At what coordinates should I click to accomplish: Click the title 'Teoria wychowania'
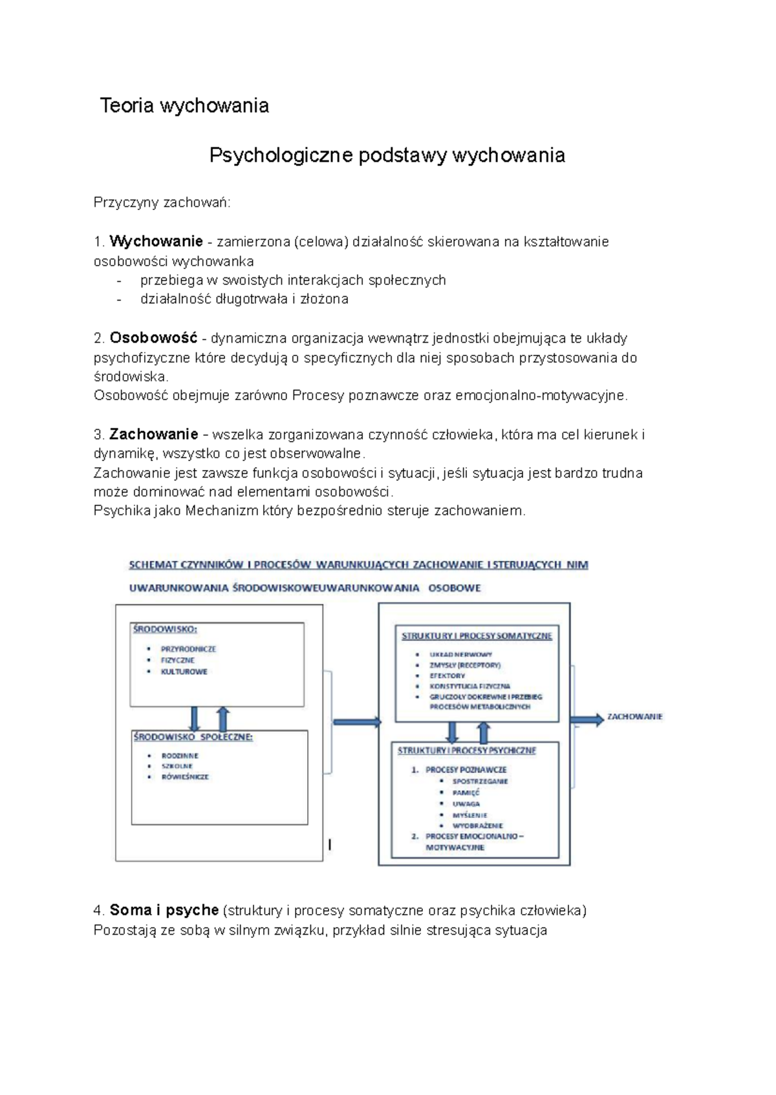click(184, 105)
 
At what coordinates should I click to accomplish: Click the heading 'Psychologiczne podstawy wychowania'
click(387, 155)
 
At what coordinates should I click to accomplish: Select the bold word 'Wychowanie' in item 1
click(156, 242)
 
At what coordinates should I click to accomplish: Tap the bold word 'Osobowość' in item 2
click(153, 338)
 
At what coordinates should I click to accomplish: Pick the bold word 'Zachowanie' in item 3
click(153, 434)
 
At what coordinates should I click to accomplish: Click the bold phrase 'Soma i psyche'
click(164, 910)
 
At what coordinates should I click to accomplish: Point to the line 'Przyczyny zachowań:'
click(162, 203)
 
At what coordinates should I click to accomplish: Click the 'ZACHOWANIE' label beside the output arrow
click(634, 717)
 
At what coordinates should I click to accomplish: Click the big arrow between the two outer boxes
click(356, 722)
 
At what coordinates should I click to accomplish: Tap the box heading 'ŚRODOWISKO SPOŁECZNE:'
click(193, 737)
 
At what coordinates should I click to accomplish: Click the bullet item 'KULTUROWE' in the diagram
click(184, 672)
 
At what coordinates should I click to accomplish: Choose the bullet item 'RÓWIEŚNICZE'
click(185, 777)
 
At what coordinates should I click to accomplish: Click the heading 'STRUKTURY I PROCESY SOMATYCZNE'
click(477, 636)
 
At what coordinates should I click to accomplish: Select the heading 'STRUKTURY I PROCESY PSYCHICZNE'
click(466, 750)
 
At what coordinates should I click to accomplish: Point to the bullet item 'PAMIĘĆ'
click(466, 792)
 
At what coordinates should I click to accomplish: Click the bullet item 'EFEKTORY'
click(447, 675)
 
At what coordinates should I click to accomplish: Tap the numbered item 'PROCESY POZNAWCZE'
click(466, 770)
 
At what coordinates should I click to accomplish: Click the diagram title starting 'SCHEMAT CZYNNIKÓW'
click(358, 565)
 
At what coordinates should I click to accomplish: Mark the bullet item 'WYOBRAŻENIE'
click(477, 825)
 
